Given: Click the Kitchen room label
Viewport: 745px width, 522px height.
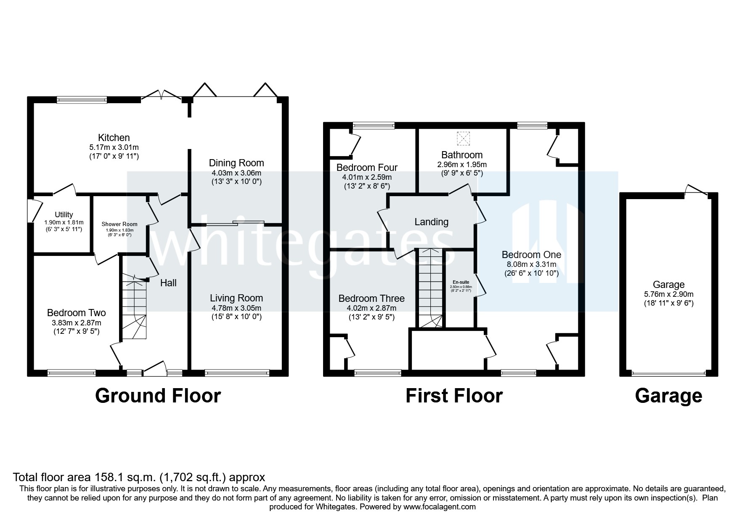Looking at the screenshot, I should click(114, 138).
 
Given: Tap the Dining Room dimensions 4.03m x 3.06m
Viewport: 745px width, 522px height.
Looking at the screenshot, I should click(236, 173).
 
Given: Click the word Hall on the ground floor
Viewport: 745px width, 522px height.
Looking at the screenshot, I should click(168, 283).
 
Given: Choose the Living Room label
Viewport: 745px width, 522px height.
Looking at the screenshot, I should click(236, 298).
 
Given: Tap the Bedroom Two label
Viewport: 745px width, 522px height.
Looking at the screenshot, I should click(76, 313).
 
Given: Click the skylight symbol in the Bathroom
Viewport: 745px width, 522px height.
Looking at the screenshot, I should click(463, 138).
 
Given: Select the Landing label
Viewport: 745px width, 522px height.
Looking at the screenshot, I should click(431, 222).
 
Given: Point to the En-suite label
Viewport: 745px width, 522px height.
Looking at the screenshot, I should click(461, 282).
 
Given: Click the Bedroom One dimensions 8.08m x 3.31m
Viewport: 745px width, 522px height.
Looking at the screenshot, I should click(531, 264).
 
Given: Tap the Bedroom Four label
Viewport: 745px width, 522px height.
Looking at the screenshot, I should click(367, 168).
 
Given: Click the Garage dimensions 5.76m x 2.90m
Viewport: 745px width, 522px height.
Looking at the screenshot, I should click(668, 294).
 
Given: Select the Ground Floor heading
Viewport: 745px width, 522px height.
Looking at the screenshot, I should click(158, 396).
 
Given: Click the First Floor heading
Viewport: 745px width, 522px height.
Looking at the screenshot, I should click(454, 396).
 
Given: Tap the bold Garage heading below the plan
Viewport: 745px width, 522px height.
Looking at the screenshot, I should click(668, 396).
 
